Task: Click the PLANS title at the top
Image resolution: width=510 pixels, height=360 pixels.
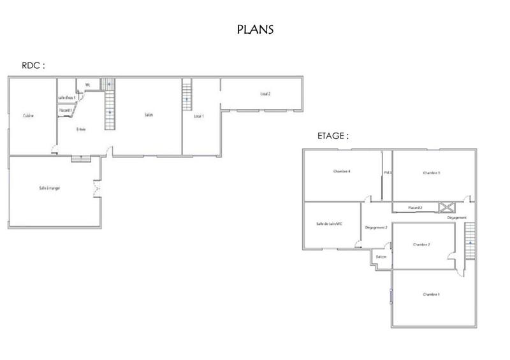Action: click(x=255, y=29)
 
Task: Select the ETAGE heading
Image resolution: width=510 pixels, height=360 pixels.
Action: click(x=333, y=136)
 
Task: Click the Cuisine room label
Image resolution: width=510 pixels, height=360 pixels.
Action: click(x=28, y=115)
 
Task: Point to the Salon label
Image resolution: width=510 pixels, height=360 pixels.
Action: click(x=148, y=115)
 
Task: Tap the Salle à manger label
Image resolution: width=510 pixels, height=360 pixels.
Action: click(x=49, y=188)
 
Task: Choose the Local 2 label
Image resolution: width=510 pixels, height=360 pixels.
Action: click(x=265, y=94)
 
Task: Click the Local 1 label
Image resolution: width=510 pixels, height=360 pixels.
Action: click(x=198, y=116)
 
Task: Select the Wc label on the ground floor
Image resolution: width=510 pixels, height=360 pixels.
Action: click(x=87, y=84)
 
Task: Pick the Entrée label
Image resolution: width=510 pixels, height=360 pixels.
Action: click(x=81, y=129)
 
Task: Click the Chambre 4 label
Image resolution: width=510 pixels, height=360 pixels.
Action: click(x=342, y=171)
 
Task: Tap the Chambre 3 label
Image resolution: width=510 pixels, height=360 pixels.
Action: click(x=432, y=173)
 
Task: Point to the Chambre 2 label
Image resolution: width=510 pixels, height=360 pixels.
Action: click(x=422, y=244)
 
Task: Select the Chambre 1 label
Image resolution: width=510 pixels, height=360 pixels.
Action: click(x=432, y=294)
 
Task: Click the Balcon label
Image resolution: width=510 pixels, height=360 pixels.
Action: click(x=381, y=257)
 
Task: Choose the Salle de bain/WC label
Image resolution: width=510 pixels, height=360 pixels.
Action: click(x=330, y=223)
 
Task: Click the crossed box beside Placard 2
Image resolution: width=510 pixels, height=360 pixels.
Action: click(x=446, y=206)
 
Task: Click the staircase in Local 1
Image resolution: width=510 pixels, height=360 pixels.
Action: click(x=187, y=94)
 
